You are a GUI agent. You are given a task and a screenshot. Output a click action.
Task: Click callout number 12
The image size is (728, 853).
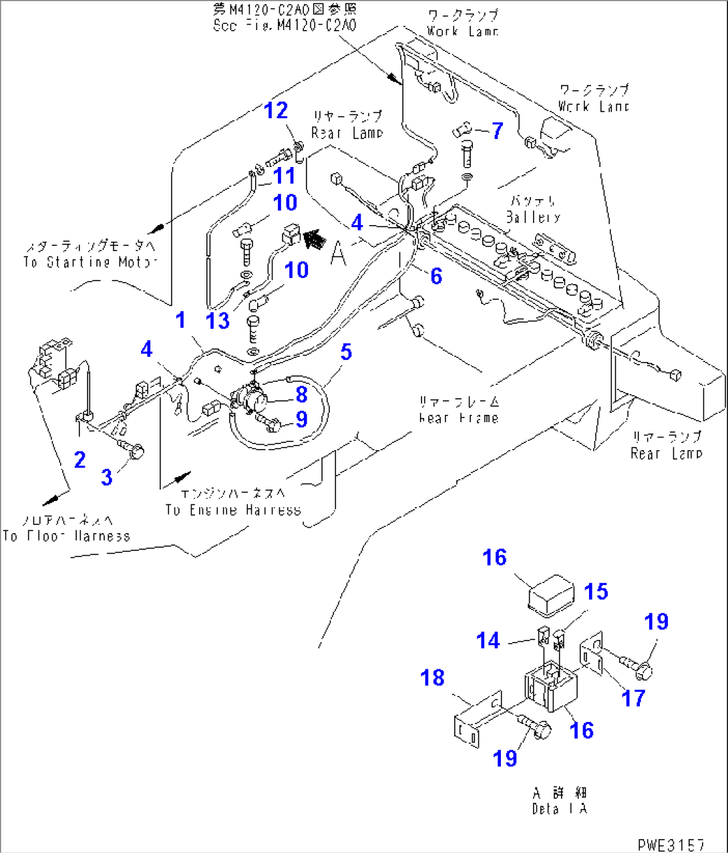(276, 111)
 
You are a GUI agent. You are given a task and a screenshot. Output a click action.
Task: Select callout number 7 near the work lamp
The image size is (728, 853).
(497, 130)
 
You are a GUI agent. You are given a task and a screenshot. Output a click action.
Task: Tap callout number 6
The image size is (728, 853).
(436, 275)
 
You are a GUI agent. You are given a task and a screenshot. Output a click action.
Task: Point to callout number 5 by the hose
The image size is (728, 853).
(345, 351)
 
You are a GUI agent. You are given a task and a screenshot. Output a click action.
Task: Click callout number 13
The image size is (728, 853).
(218, 321)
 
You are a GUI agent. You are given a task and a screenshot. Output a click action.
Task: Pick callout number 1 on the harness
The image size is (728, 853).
(180, 320)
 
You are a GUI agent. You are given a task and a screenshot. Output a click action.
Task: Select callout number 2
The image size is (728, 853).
(79, 460)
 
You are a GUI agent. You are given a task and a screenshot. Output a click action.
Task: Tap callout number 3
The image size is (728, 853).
(107, 477)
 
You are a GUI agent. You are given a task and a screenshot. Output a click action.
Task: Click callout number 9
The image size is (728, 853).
(301, 419)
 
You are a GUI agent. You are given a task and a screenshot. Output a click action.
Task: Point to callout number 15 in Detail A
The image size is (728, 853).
(596, 592)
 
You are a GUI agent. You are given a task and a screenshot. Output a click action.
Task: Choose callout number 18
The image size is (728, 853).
(433, 678)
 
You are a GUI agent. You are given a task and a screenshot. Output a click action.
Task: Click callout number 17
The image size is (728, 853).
(632, 698)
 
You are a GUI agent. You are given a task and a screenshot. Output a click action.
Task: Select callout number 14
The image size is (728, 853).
(488, 641)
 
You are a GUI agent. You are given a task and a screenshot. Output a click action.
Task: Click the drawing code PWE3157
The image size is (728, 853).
(671, 844)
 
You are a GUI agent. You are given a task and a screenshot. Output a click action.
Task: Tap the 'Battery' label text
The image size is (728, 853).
(532, 217)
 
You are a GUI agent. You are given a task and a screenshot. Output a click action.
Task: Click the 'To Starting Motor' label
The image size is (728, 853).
(90, 262)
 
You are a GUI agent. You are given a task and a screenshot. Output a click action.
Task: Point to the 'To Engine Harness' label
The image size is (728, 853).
(233, 510)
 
